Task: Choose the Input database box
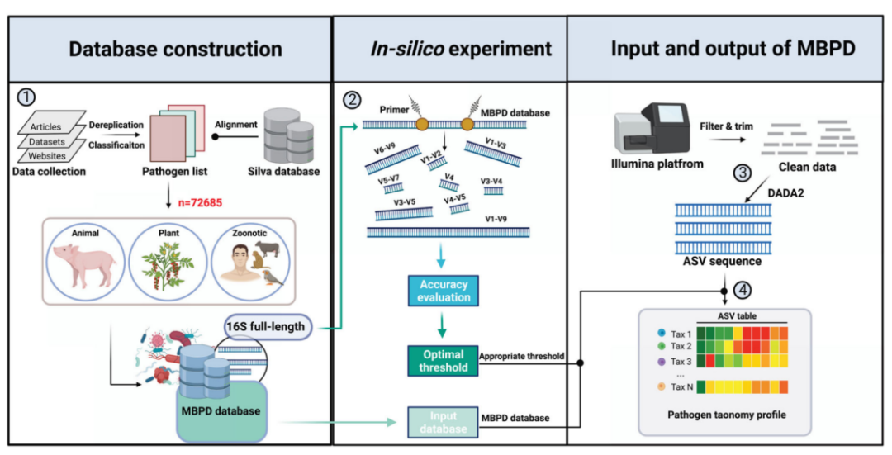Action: [443, 421]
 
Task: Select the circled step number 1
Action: [26, 97]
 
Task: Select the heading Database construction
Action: [175, 49]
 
